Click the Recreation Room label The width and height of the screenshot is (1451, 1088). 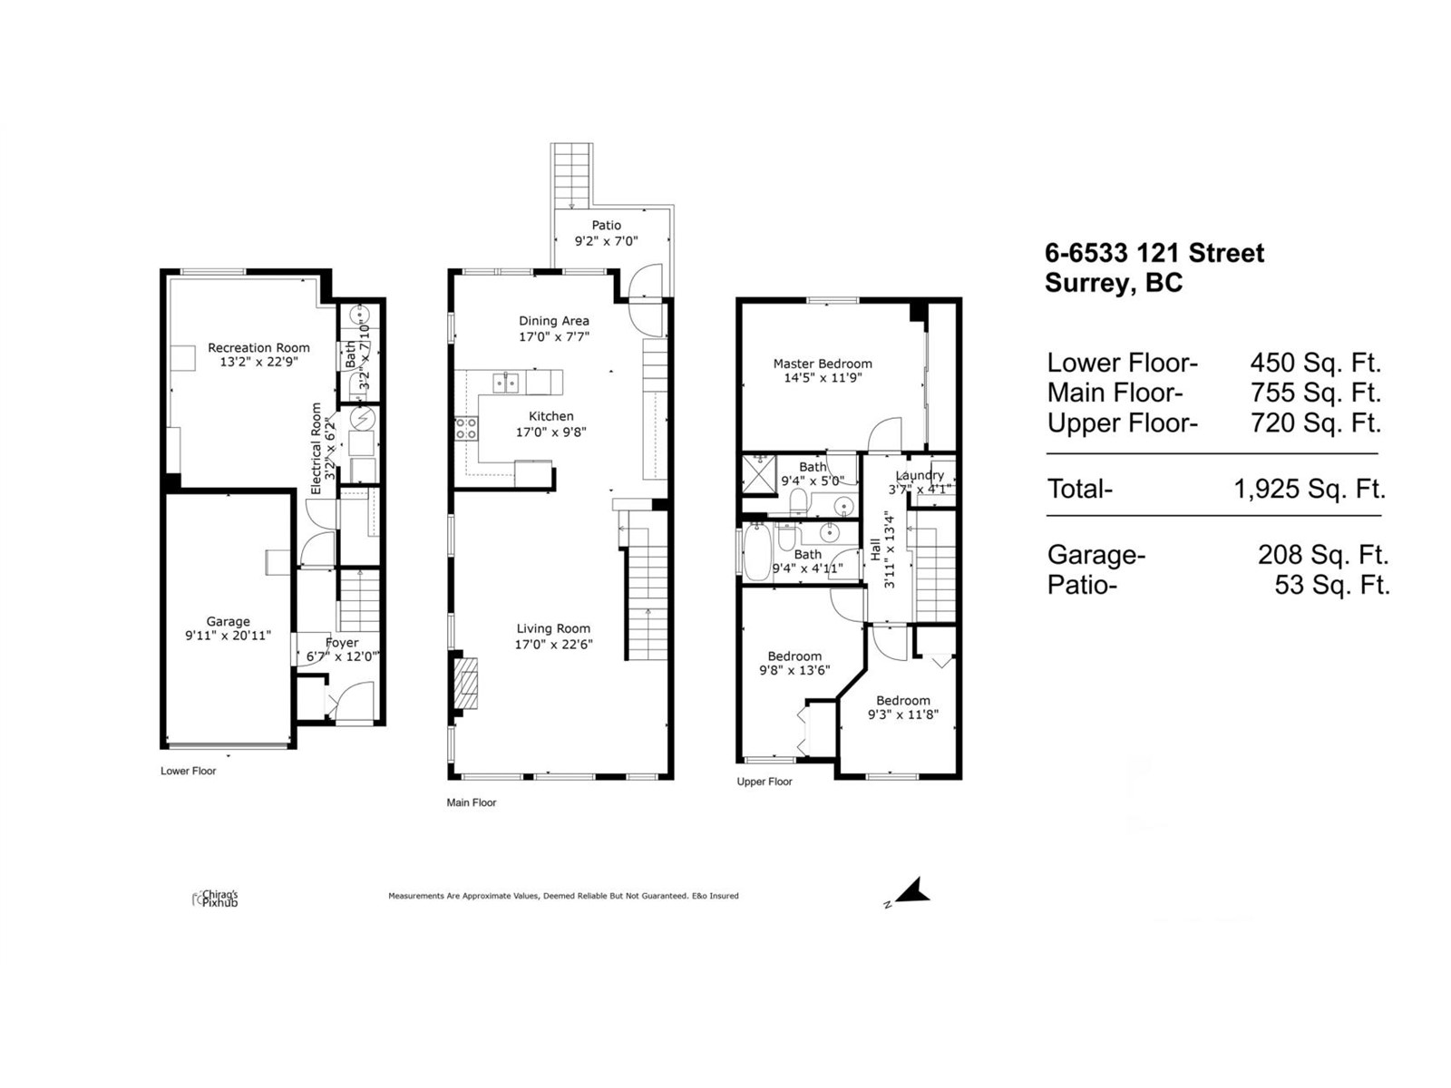point(258,347)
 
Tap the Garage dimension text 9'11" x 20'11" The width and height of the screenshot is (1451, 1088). point(228,636)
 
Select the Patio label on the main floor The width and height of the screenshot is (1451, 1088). point(607,226)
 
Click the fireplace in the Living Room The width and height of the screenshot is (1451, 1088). point(465,683)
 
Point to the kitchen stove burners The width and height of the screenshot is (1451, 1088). point(466,429)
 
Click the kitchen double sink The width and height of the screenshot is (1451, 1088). point(506,383)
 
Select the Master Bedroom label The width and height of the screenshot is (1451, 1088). point(823,364)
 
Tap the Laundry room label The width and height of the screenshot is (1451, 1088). point(920,475)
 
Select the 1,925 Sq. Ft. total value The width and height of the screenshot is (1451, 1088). point(1309,490)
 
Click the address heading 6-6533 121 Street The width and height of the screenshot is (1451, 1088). point(1154,253)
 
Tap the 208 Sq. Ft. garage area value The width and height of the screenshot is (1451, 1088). point(1322,554)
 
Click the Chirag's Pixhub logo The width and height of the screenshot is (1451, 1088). point(216,899)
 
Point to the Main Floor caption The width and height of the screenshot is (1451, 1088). point(472,802)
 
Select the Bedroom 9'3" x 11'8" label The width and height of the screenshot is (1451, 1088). point(902,700)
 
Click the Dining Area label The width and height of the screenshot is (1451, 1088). point(553,321)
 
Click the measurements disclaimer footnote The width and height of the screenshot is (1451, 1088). point(563,896)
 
